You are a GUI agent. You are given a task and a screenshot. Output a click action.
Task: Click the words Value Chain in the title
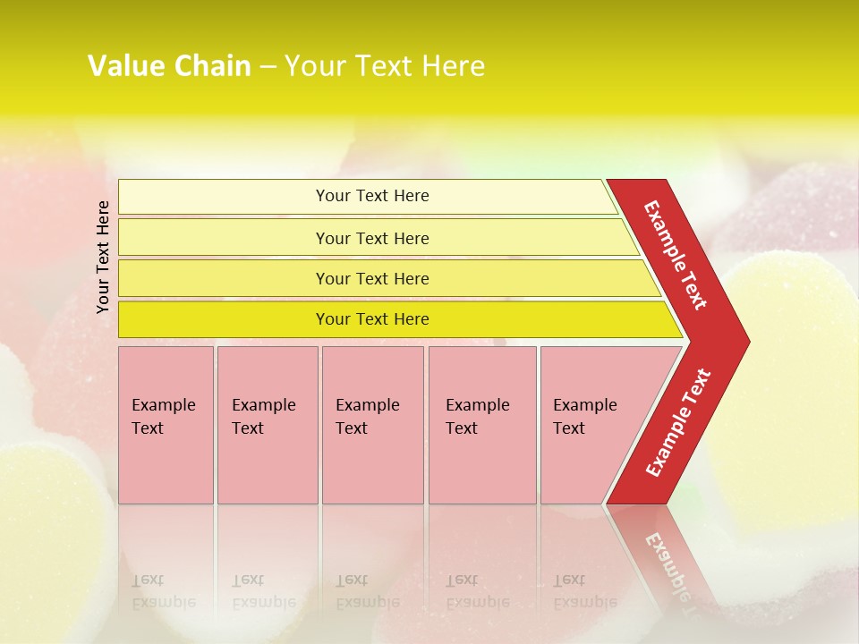point(169,66)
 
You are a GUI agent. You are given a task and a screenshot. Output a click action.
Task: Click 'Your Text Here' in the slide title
point(385,66)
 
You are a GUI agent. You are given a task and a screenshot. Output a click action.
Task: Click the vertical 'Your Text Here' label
point(103,257)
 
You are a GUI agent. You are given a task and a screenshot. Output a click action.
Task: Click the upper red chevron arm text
point(676,255)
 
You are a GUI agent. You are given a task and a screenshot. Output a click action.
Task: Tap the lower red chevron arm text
point(678,423)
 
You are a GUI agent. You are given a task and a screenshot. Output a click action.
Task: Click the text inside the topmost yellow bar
point(372,196)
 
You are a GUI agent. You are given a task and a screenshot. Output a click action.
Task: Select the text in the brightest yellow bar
point(372,319)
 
